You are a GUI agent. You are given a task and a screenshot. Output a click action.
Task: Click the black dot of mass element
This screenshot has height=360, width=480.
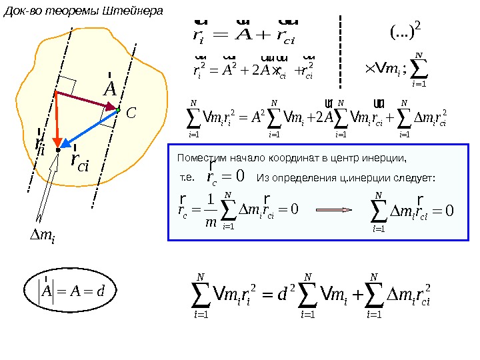58,151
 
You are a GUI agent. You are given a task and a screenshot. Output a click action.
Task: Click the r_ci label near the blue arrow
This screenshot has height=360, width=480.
79,161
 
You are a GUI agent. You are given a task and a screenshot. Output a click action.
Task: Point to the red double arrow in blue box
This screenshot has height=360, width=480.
333,209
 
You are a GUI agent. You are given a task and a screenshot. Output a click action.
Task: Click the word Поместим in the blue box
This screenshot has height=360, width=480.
197,158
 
